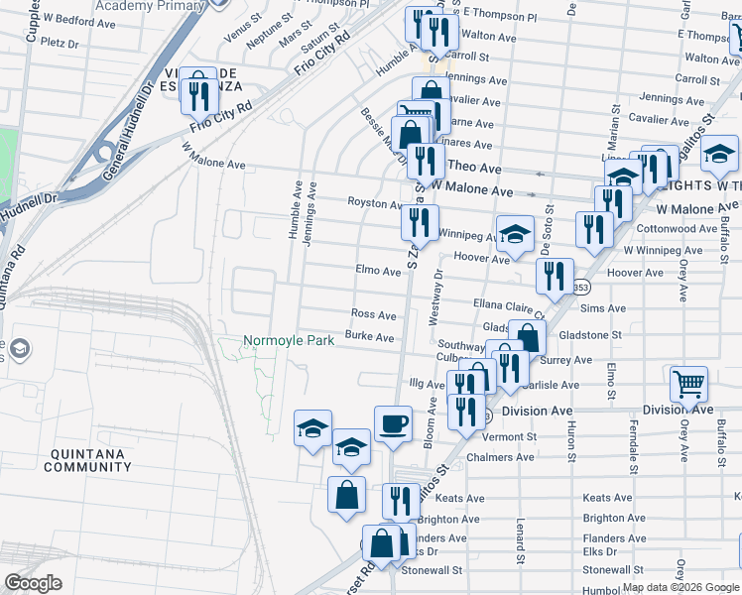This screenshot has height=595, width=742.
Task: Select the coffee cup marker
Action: tap(393, 423)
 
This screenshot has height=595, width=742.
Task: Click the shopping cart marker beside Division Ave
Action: tap(688, 384)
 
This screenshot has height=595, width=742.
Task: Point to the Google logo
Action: tap(33, 583)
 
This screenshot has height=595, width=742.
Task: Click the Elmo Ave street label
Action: tap(378, 270)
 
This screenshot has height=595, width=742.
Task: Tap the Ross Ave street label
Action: tap(374, 314)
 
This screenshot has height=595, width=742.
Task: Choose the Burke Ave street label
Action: tap(370, 337)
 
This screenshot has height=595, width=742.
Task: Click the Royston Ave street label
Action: tap(373, 202)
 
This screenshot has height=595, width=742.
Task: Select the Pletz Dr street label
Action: tap(60, 44)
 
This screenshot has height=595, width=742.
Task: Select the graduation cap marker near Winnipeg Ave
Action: tap(515, 236)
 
